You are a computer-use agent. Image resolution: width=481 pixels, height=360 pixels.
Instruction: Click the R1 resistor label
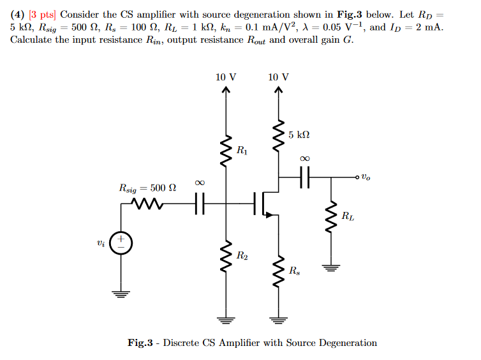(x=242, y=151)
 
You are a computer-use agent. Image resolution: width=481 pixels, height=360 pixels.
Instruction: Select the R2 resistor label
(x=242, y=256)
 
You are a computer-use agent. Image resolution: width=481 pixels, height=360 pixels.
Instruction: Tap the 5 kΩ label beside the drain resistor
(x=299, y=135)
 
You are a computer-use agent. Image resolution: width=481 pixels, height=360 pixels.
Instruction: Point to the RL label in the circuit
(x=348, y=216)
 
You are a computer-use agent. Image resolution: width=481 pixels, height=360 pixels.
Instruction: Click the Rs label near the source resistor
(x=293, y=270)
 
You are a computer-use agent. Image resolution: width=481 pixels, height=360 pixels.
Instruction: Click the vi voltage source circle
(x=120, y=243)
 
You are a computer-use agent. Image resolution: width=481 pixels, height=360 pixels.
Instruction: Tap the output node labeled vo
(x=361, y=176)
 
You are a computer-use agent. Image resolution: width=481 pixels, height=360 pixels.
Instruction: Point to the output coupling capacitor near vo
(x=304, y=176)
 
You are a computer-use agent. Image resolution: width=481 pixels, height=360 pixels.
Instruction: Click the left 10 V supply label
(x=225, y=77)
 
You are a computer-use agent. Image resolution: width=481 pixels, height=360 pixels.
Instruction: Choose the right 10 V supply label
(x=278, y=77)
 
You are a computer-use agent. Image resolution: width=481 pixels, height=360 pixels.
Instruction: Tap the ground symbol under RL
(x=330, y=267)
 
